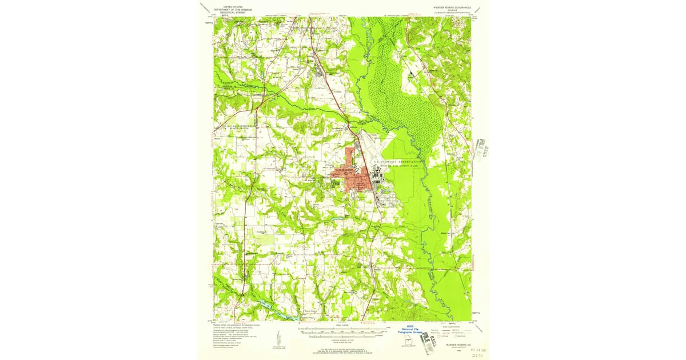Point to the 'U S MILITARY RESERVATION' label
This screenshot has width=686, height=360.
[x=398, y=162]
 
